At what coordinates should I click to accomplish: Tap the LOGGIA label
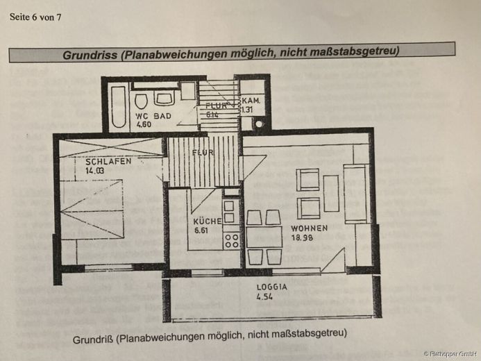click(271, 286)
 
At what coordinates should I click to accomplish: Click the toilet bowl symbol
click(142, 98)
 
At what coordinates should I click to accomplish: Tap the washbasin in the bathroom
click(164, 97)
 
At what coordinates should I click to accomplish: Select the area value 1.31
click(248, 109)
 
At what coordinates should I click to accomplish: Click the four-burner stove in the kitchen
click(232, 240)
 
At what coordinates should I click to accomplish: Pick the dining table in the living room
click(264, 237)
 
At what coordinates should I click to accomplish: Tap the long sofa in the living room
click(355, 194)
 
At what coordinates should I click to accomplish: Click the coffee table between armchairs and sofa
click(331, 193)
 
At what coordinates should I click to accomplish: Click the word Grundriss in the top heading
click(90, 53)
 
